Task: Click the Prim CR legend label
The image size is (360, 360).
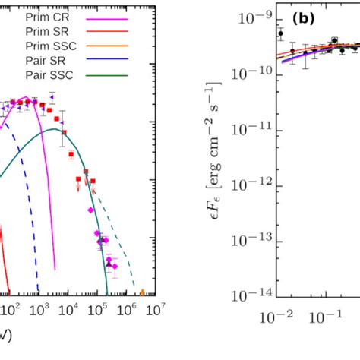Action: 46,16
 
